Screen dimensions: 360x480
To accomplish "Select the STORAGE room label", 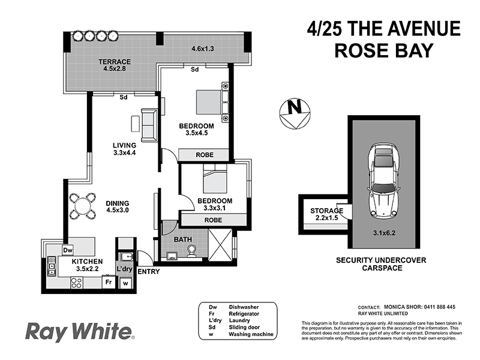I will tap(326, 211).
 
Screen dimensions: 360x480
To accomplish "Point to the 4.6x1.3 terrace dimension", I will tap(203, 48).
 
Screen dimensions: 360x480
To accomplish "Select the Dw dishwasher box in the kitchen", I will tap(68, 250).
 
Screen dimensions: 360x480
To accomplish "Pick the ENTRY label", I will tap(148, 272).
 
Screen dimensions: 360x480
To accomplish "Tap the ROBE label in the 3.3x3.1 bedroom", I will tap(213, 220).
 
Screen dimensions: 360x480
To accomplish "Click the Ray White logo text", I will tap(78, 332).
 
